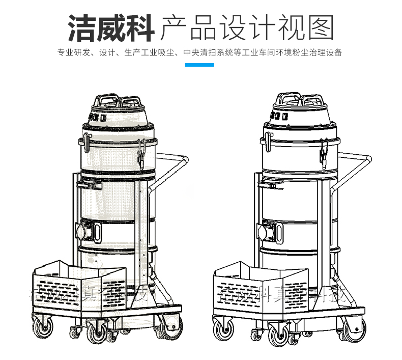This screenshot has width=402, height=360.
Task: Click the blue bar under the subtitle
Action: [199, 65]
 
